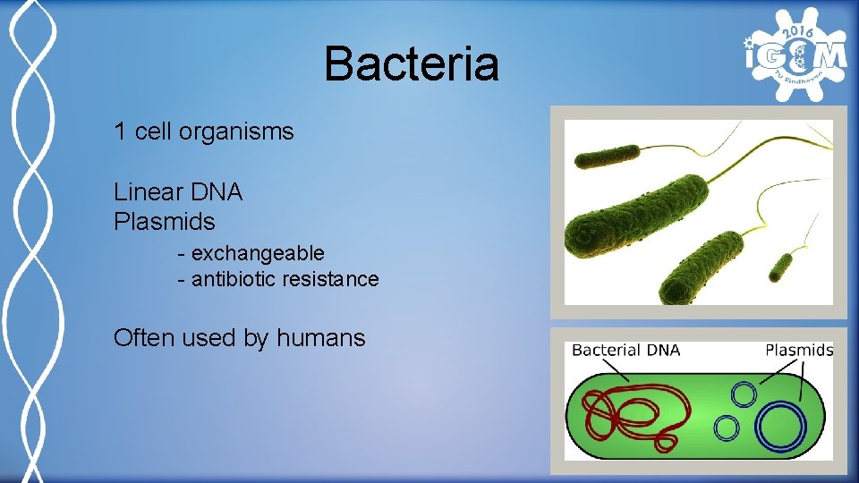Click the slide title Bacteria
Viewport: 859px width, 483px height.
(411, 65)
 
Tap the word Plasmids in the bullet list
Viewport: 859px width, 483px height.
(165, 220)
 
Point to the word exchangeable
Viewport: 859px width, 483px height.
(258, 253)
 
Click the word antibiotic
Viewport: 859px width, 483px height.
(234, 279)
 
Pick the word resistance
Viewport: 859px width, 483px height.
(331, 279)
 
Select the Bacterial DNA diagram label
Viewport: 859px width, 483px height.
(625, 350)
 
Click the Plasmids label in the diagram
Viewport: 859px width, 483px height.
(799, 350)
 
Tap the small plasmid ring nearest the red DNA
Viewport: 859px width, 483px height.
(727, 428)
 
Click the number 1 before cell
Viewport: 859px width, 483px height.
(120, 132)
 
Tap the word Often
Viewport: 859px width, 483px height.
(144, 338)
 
